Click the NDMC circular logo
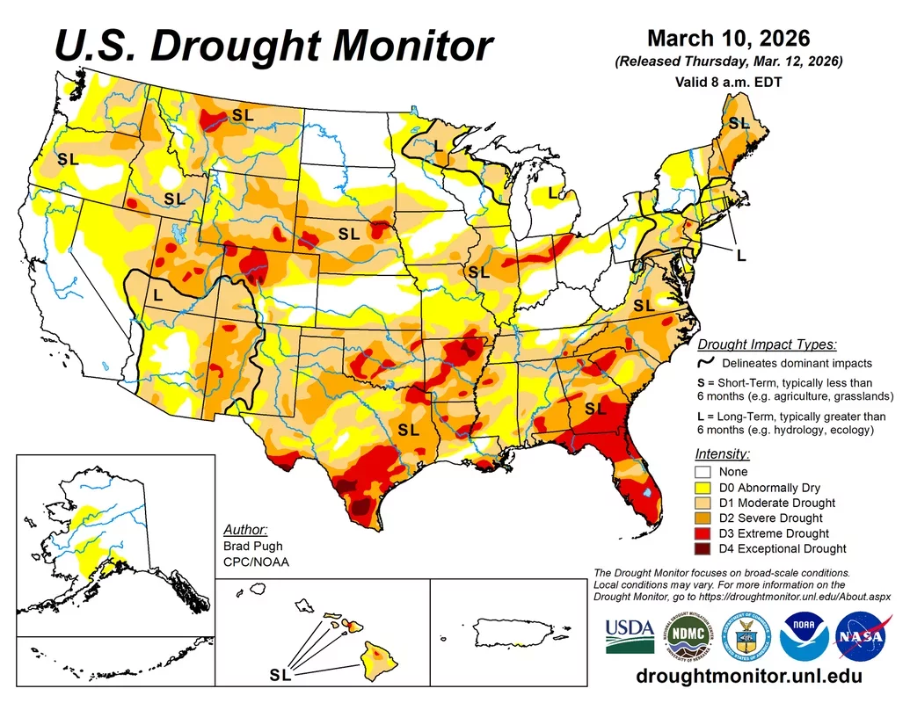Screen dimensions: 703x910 pyautogui.click(x=685, y=636)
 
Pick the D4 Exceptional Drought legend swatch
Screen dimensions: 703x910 pyautogui.click(x=702, y=549)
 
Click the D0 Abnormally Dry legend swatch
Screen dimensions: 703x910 pyautogui.click(x=702, y=488)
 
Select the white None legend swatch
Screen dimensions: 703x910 pyautogui.click(x=702, y=472)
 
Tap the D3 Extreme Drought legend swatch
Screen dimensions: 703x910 pyautogui.click(x=702, y=533)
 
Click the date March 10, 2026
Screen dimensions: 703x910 pyautogui.click(x=728, y=39)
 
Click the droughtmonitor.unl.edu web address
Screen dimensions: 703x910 pyautogui.click(x=748, y=678)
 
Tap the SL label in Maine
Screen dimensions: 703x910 pyautogui.click(x=739, y=123)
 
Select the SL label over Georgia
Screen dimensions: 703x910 pyautogui.click(x=595, y=408)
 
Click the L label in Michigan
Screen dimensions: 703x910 pyautogui.click(x=552, y=192)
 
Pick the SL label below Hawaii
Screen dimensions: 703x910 pyautogui.click(x=280, y=675)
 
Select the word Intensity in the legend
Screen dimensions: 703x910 pyautogui.click(x=722, y=454)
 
